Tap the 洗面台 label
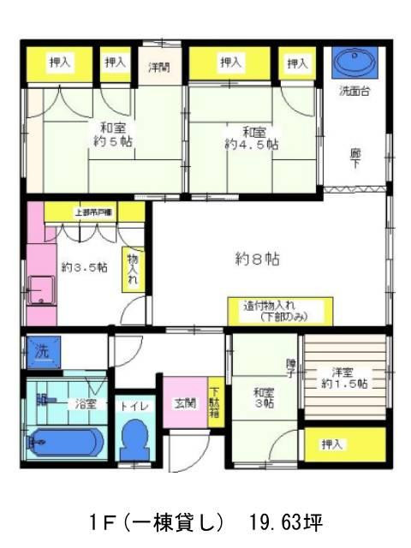[x=354, y=91]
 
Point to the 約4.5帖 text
[x=251, y=145]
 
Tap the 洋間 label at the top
[x=159, y=65]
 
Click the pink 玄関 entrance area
[x=183, y=402]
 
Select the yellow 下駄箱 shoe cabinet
[x=214, y=402]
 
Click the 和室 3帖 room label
[x=263, y=399]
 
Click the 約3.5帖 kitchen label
[x=83, y=266]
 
